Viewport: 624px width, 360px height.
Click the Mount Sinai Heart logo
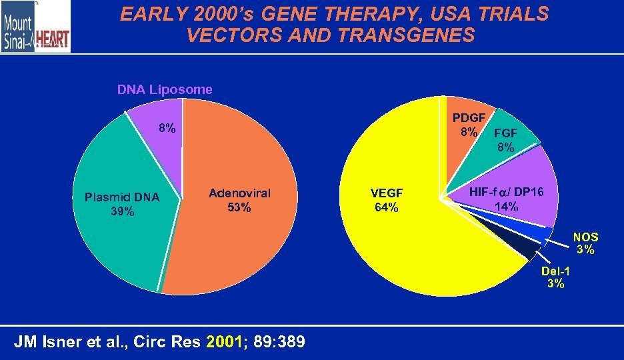35,26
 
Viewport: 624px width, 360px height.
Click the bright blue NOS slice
533,234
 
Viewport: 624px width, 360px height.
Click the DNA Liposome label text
165,89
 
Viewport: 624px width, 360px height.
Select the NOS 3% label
586,243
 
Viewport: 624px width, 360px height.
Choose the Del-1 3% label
555,277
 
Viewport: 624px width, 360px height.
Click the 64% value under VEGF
387,207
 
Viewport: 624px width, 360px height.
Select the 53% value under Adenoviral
239,207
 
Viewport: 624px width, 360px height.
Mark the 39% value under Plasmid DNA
122,211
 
